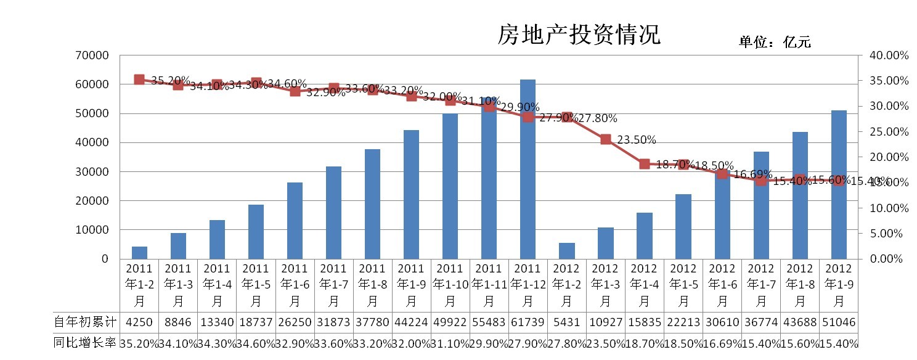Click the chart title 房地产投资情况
(x=579, y=35)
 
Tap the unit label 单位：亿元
(x=775, y=42)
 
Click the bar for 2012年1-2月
(x=566, y=251)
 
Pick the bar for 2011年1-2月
(x=139, y=253)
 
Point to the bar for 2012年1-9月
(x=839, y=185)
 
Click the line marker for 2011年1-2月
(x=139, y=80)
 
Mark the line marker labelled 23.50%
(x=605, y=139)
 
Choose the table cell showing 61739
(x=528, y=322)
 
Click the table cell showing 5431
(x=566, y=322)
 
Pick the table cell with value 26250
(x=295, y=322)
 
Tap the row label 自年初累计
(x=85, y=322)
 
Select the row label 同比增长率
(x=85, y=343)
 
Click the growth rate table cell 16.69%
(x=722, y=343)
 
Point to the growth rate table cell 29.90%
(x=489, y=343)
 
